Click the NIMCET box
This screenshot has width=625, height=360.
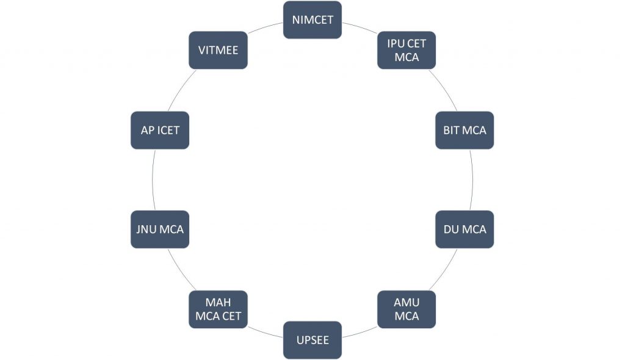[x=312, y=20]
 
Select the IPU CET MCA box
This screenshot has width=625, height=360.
[x=406, y=50]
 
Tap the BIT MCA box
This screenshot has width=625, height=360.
[x=464, y=130]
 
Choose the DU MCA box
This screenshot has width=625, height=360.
[x=464, y=229]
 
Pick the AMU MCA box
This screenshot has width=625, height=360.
[x=406, y=309]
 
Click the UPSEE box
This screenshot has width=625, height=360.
[x=312, y=340]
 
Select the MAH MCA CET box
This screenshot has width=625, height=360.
[x=219, y=309]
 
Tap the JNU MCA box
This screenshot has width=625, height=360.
[x=160, y=229]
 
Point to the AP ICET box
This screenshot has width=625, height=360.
[x=160, y=130]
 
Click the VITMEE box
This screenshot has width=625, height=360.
[x=219, y=50]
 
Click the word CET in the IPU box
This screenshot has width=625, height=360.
[x=416, y=43]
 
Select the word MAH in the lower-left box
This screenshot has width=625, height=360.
[x=219, y=303]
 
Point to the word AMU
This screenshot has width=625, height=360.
[x=406, y=303]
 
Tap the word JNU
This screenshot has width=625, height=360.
[x=147, y=229]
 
